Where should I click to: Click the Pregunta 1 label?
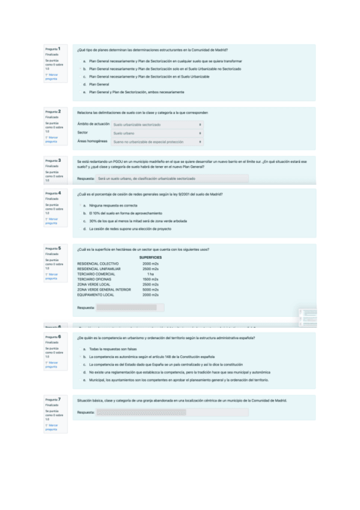pos(52,49)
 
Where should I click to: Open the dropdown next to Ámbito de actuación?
pos(157,124)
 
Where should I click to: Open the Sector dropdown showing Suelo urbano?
pos(157,133)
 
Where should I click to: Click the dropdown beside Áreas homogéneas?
pos(157,141)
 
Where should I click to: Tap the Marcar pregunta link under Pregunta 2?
pos(52,139)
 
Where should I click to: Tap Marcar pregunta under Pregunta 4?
pos(52,220)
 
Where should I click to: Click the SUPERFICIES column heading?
pos(150,257)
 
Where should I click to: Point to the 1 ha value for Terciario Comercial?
pos(150,274)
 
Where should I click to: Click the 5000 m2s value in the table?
pos(150,289)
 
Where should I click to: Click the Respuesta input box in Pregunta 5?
pos(130,307)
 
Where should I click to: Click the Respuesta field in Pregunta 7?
pos(172,413)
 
